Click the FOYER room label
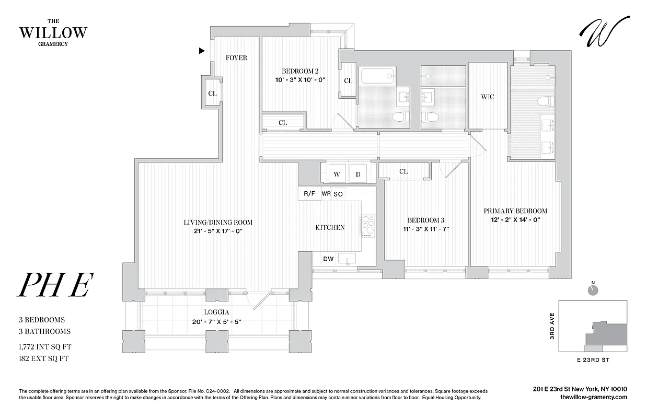tap(236, 57)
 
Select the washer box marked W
tap(337, 175)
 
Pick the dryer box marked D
tap(359, 175)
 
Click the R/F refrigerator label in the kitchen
tap(309, 194)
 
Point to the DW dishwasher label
tap(328, 259)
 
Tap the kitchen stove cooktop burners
tap(368, 226)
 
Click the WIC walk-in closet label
tap(487, 97)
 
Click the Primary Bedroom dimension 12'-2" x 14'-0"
tap(515, 220)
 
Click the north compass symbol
tap(593, 290)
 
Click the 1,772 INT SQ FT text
tap(44, 346)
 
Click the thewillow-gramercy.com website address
tap(593, 398)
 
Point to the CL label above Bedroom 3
tap(403, 171)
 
